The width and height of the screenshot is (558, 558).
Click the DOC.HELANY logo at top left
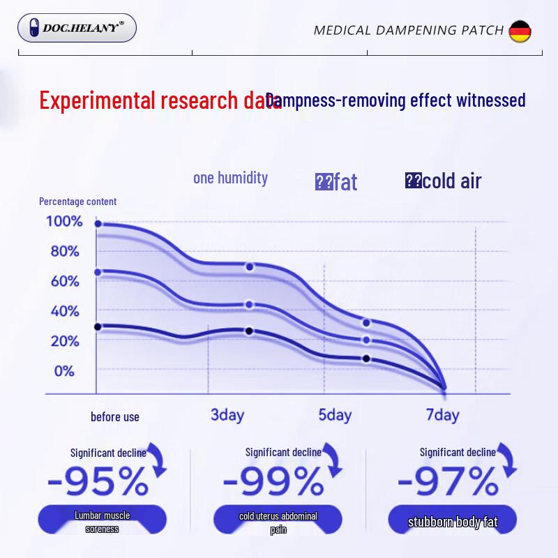(77, 28)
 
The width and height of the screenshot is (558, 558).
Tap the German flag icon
(520, 31)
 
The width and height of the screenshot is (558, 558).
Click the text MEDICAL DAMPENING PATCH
(408, 30)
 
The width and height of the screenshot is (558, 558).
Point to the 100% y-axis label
(64, 222)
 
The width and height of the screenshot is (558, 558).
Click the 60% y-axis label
(65, 282)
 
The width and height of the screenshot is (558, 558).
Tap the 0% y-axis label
(64, 371)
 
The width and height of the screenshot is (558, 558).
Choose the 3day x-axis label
(227, 416)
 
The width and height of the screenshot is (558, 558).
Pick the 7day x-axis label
(442, 416)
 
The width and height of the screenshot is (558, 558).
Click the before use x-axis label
(115, 417)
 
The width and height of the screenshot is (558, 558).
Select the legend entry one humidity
(230, 178)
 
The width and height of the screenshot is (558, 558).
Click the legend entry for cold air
(444, 181)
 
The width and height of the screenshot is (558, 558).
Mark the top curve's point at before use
(98, 224)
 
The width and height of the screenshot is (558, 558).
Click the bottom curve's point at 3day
(249, 331)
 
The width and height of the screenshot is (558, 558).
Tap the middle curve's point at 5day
(366, 340)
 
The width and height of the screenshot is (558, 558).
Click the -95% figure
(98, 480)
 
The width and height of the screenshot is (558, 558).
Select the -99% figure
(273, 480)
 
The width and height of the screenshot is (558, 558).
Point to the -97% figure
(448, 480)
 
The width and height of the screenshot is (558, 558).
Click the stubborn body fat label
(452, 522)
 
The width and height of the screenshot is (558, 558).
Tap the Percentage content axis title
(77, 202)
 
